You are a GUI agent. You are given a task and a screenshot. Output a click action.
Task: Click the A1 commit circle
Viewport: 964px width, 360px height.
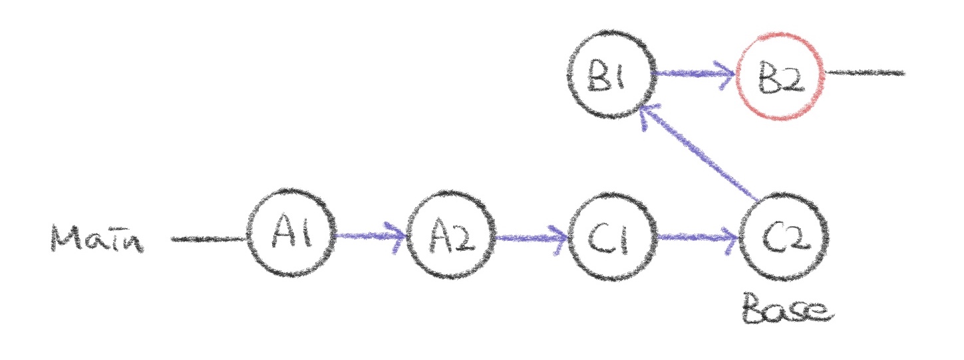coord(291,235)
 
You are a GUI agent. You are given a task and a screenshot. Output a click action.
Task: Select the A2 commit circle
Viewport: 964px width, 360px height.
coord(452,236)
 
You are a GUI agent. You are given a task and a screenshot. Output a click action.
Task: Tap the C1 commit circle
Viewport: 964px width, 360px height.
coord(612,236)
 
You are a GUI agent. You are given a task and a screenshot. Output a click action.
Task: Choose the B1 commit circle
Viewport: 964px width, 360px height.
coord(611,75)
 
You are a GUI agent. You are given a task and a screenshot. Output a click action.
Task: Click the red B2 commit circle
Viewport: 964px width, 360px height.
coord(781,75)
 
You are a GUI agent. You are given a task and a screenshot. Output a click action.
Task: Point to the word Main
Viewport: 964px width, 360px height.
coord(97,238)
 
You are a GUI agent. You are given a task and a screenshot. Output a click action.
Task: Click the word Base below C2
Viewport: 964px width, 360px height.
coord(785,311)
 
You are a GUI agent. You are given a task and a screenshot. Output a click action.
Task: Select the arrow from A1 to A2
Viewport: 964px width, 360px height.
coord(369,235)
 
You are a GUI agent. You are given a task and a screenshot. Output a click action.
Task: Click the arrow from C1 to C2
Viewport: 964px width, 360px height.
coord(695,236)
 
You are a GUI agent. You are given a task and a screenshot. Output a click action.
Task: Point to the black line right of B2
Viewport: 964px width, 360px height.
coord(865,73)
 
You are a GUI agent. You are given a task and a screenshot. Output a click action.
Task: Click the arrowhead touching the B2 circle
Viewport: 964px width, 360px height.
coord(728,73)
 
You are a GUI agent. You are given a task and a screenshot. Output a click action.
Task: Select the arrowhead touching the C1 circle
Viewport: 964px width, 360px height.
coord(562,236)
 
